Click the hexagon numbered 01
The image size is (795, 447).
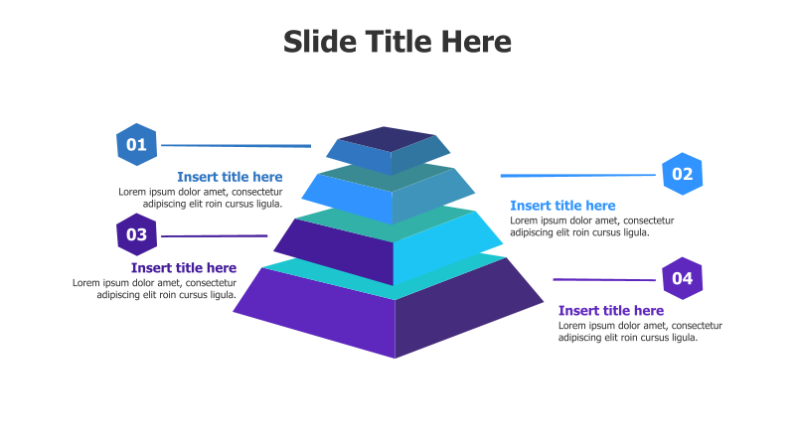point(136,144)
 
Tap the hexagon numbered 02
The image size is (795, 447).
point(682,174)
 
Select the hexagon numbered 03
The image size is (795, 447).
point(136,234)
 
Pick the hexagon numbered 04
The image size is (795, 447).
point(682,278)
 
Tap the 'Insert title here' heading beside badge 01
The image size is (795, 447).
point(230,177)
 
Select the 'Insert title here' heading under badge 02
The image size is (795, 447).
point(562,206)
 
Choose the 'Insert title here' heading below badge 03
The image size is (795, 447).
point(184,267)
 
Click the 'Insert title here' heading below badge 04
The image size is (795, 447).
point(610,311)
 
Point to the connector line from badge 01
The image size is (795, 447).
point(236,145)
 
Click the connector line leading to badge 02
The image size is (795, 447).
point(578,176)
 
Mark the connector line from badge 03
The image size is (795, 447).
point(215,236)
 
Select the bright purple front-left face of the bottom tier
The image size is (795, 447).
point(318,314)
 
